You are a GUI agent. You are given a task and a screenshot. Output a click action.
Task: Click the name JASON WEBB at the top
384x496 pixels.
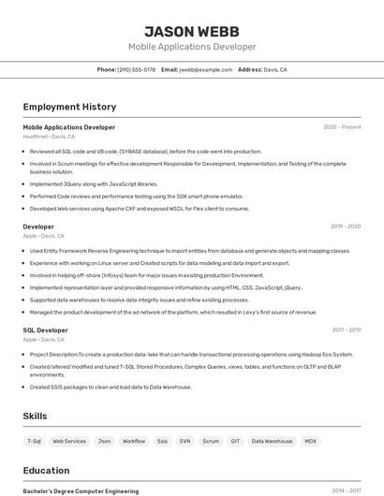(192, 31)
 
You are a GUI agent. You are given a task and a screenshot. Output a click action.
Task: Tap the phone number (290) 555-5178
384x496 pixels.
(137, 70)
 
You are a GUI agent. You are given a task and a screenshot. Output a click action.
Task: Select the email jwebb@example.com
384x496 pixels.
(205, 70)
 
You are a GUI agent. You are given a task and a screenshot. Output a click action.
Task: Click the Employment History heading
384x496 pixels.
(69, 107)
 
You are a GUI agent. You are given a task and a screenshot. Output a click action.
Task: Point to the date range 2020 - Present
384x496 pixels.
(342, 127)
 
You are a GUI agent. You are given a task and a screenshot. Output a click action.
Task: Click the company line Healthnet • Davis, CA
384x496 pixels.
(49, 137)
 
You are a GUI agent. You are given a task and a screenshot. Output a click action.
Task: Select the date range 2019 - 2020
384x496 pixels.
(346, 226)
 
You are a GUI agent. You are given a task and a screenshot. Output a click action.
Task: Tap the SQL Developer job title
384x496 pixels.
(45, 330)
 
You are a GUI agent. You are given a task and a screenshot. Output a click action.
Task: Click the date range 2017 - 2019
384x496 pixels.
(347, 330)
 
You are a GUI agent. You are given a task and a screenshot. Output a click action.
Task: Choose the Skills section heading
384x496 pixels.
(35, 416)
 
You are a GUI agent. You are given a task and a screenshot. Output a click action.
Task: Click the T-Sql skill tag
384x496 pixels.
(35, 441)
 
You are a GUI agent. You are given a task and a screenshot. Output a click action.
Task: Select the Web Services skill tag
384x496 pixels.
(69, 441)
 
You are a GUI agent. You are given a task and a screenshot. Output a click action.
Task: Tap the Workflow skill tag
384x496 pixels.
(134, 441)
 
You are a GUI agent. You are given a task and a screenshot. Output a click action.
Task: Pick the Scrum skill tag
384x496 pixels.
(211, 441)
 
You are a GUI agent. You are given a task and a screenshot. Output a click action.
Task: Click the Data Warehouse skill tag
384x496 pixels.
(272, 441)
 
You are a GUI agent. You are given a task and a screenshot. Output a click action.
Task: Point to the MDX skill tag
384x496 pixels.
(311, 441)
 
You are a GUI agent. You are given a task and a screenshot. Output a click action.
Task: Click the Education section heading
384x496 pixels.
(46, 471)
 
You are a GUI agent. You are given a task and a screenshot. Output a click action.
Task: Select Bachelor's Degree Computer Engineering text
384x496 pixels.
(81, 490)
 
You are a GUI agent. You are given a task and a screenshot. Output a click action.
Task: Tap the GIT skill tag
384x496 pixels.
(235, 441)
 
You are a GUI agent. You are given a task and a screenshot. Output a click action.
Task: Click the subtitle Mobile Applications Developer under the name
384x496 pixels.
(192, 47)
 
